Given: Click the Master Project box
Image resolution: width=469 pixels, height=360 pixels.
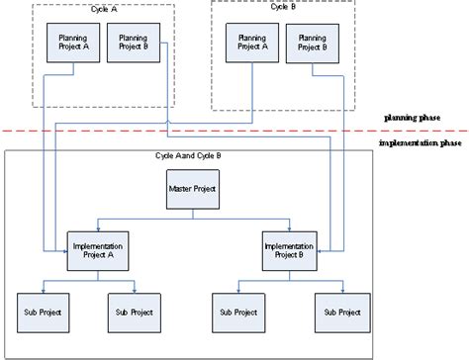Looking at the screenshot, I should pos(191,189).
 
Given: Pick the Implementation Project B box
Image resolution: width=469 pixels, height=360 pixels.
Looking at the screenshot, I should pos(290,249).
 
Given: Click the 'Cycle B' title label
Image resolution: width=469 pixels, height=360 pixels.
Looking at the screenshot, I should pos(284,9).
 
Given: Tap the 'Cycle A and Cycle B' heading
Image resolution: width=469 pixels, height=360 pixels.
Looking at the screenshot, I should pos(189,157).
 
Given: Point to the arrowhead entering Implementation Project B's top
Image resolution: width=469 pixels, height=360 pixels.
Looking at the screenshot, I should pos(290,228).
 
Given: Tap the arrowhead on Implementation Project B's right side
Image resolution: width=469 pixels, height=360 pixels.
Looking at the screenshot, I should pos(321,253).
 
